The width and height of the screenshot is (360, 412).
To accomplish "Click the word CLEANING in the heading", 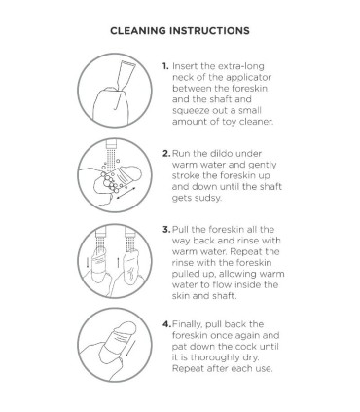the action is pyautogui.click(x=138, y=31).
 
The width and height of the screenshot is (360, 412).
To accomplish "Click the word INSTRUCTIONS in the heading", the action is pyautogui.click(x=210, y=31).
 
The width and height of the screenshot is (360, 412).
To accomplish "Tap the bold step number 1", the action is pyautogui.click(x=165, y=66).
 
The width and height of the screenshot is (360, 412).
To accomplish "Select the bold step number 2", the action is pyautogui.click(x=166, y=153).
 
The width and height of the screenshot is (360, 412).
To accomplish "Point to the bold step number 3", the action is pyautogui.click(x=166, y=230).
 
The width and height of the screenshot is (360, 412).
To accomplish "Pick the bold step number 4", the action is pyautogui.click(x=166, y=324).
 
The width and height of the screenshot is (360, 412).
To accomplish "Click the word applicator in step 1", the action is pyautogui.click(x=248, y=78).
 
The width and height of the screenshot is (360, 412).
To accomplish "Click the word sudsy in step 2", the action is pyautogui.click(x=207, y=198).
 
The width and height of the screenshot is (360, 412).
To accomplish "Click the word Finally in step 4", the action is pyautogui.click(x=188, y=324).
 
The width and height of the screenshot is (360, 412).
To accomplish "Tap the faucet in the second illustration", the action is pyautogui.click(x=111, y=145).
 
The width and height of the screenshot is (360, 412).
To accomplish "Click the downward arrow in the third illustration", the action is pyautogui.click(x=88, y=262).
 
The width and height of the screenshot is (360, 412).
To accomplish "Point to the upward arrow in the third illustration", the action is pyautogui.click(x=118, y=262).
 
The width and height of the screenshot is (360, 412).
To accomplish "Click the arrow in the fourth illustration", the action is pyautogui.click(x=130, y=347).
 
